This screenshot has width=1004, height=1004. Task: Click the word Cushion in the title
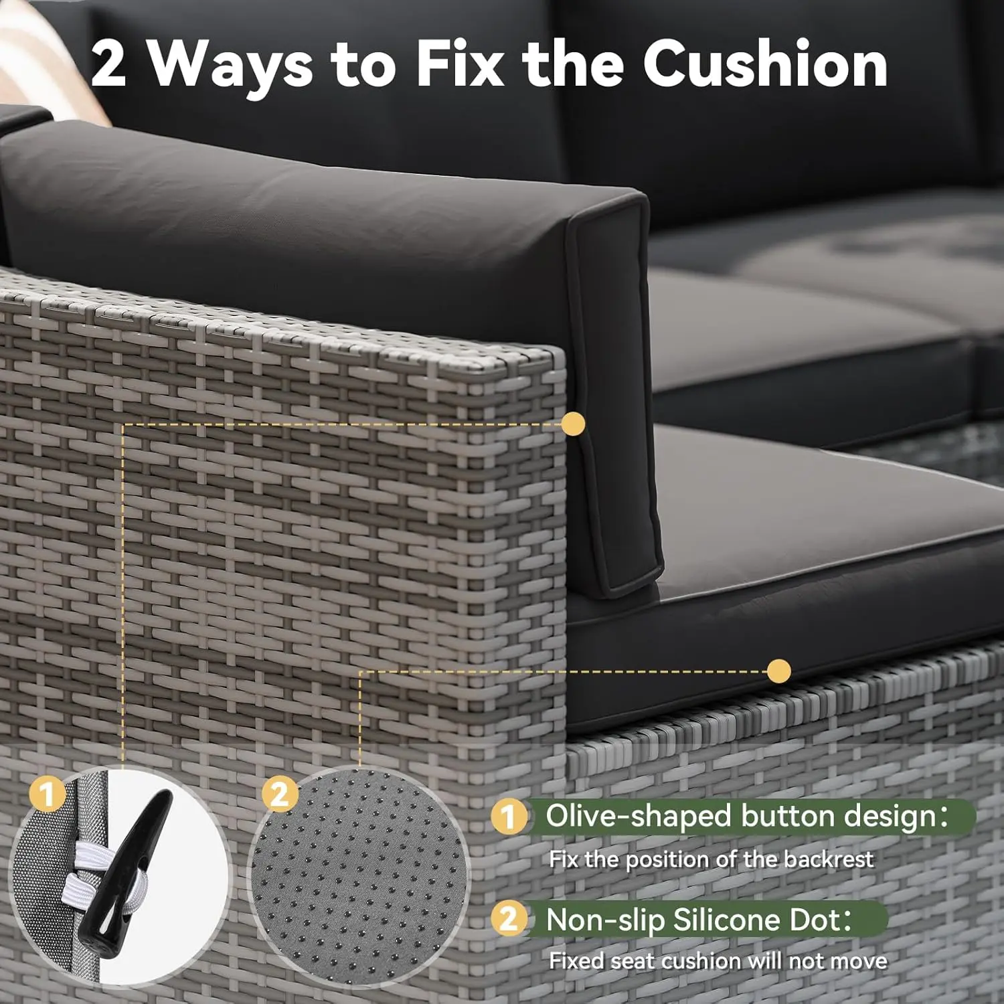point(765,64)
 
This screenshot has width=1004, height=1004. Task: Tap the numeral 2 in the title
point(108,64)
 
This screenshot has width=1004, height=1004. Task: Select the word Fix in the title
point(460,64)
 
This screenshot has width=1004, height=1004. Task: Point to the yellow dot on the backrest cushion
point(573,423)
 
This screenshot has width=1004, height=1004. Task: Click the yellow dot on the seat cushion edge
point(778,671)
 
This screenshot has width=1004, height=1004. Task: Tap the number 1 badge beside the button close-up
point(47,795)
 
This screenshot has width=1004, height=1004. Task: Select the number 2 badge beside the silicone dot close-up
point(279,794)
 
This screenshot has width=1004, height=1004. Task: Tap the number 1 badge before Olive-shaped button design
point(509,817)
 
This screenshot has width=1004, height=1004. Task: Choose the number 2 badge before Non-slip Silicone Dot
point(509,919)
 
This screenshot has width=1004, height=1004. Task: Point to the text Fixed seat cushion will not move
point(718,961)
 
